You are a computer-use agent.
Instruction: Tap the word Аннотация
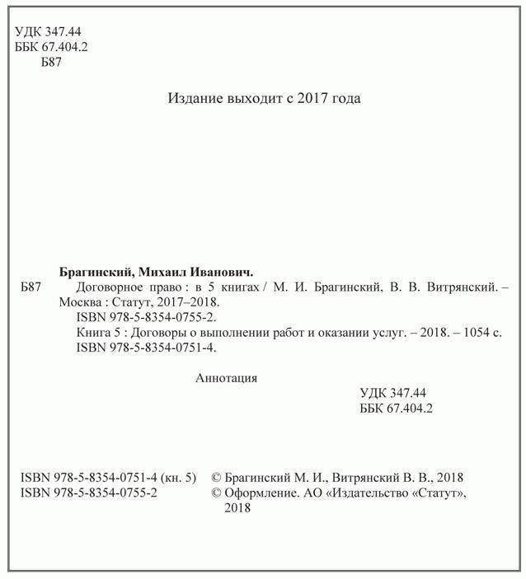point(227,379)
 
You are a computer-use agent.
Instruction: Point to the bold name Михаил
point(159,271)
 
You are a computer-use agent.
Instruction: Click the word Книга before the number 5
point(92,333)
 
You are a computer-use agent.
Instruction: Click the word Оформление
point(261,493)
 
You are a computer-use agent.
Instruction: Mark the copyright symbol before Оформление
point(217,493)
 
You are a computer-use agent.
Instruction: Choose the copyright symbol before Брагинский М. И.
point(217,478)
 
